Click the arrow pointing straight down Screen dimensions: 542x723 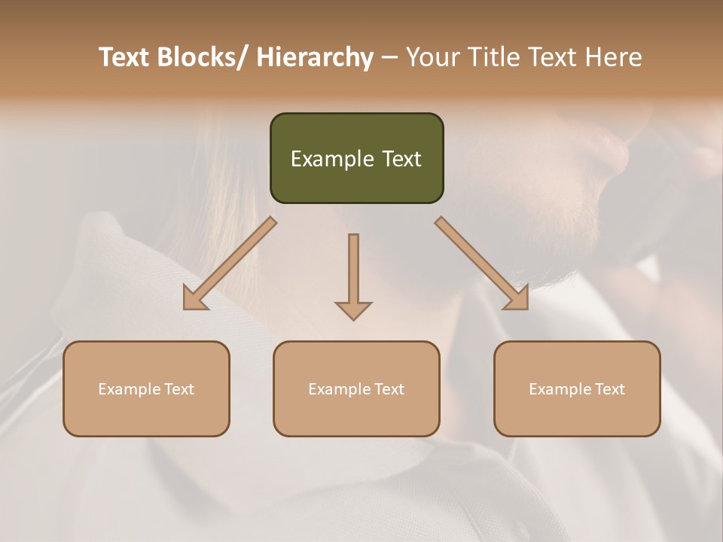coord(353,275)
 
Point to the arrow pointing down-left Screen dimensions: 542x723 coord(230,263)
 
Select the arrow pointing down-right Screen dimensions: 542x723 coord(482,263)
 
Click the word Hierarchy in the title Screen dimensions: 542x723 coord(315,57)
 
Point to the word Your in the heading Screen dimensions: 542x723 coord(432,57)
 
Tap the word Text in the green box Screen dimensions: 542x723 coord(401,159)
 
